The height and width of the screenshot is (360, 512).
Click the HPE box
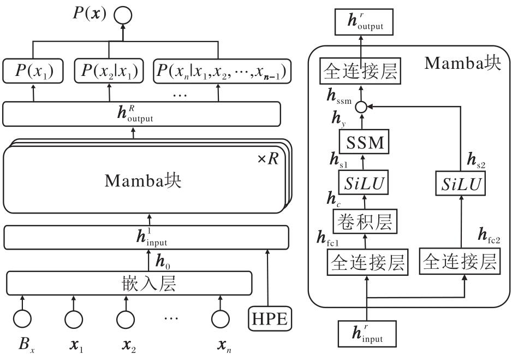click(x=268, y=318)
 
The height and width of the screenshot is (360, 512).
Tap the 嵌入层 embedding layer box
click(x=129, y=283)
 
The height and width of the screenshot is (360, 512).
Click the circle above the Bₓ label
click(x=22, y=318)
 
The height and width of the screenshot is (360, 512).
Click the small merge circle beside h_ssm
click(x=360, y=107)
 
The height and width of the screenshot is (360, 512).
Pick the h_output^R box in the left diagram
click(x=142, y=113)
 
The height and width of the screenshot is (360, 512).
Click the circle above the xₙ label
click(x=221, y=318)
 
